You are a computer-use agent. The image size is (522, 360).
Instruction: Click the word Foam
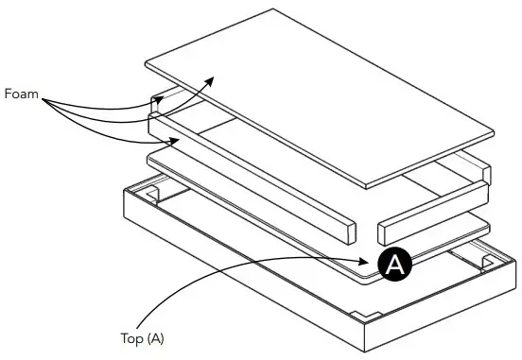click(x=21, y=94)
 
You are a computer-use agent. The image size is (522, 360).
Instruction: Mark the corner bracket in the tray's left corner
click(x=149, y=197)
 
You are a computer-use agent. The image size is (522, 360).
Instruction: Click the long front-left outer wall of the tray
click(x=236, y=283)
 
